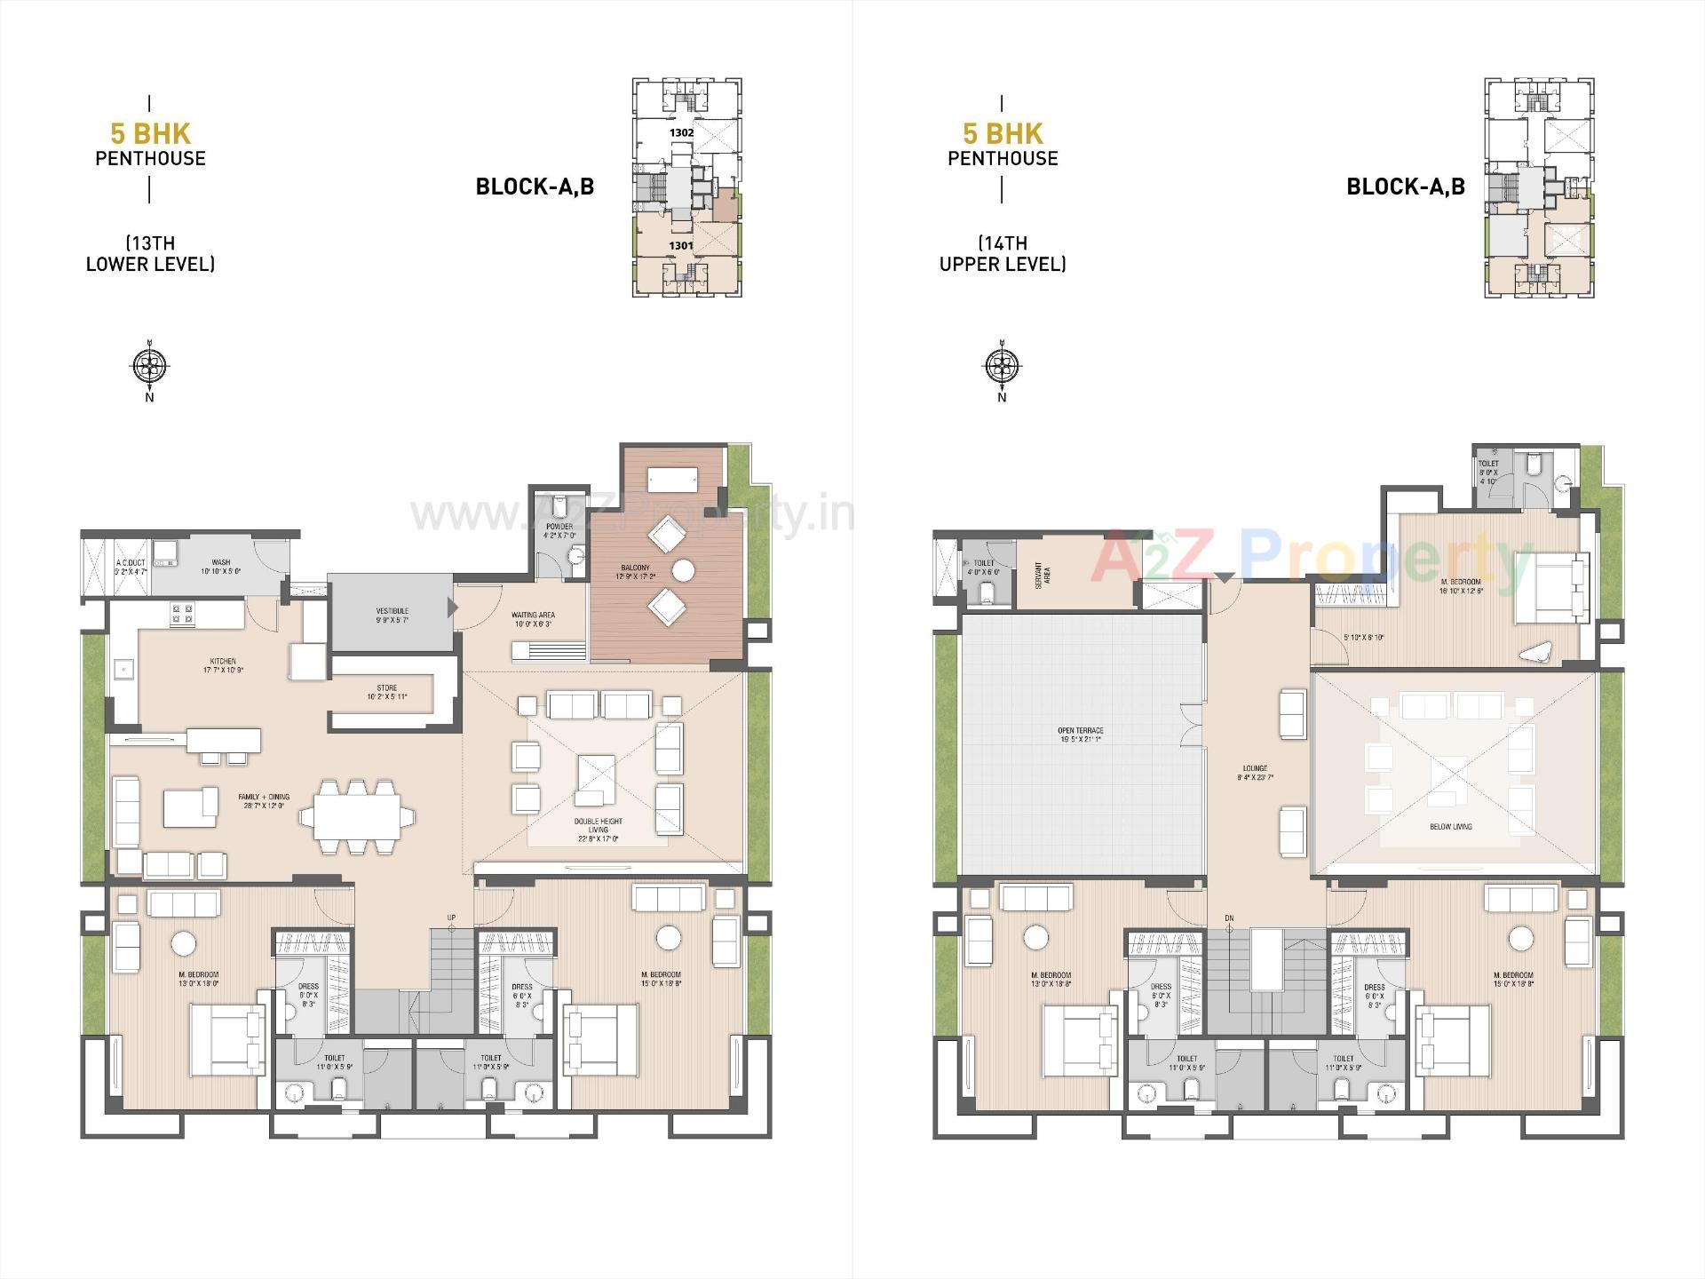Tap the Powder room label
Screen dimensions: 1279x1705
click(x=559, y=530)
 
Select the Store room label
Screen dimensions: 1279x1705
click(x=386, y=692)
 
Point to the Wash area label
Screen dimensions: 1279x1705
click(x=220, y=566)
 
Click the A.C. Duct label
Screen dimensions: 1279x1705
click(x=130, y=566)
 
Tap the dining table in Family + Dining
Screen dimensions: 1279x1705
click(x=357, y=816)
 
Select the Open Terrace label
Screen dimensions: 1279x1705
click(x=1080, y=735)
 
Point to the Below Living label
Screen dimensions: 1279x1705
click(x=1450, y=827)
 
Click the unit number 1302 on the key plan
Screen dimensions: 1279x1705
click(x=681, y=132)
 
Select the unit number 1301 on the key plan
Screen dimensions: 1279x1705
click(x=681, y=245)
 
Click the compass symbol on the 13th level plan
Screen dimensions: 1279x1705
click(x=149, y=364)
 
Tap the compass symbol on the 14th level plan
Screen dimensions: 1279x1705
click(x=1002, y=364)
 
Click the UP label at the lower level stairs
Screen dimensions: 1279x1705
click(x=451, y=918)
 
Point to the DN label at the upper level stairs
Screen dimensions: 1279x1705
click(x=1229, y=918)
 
